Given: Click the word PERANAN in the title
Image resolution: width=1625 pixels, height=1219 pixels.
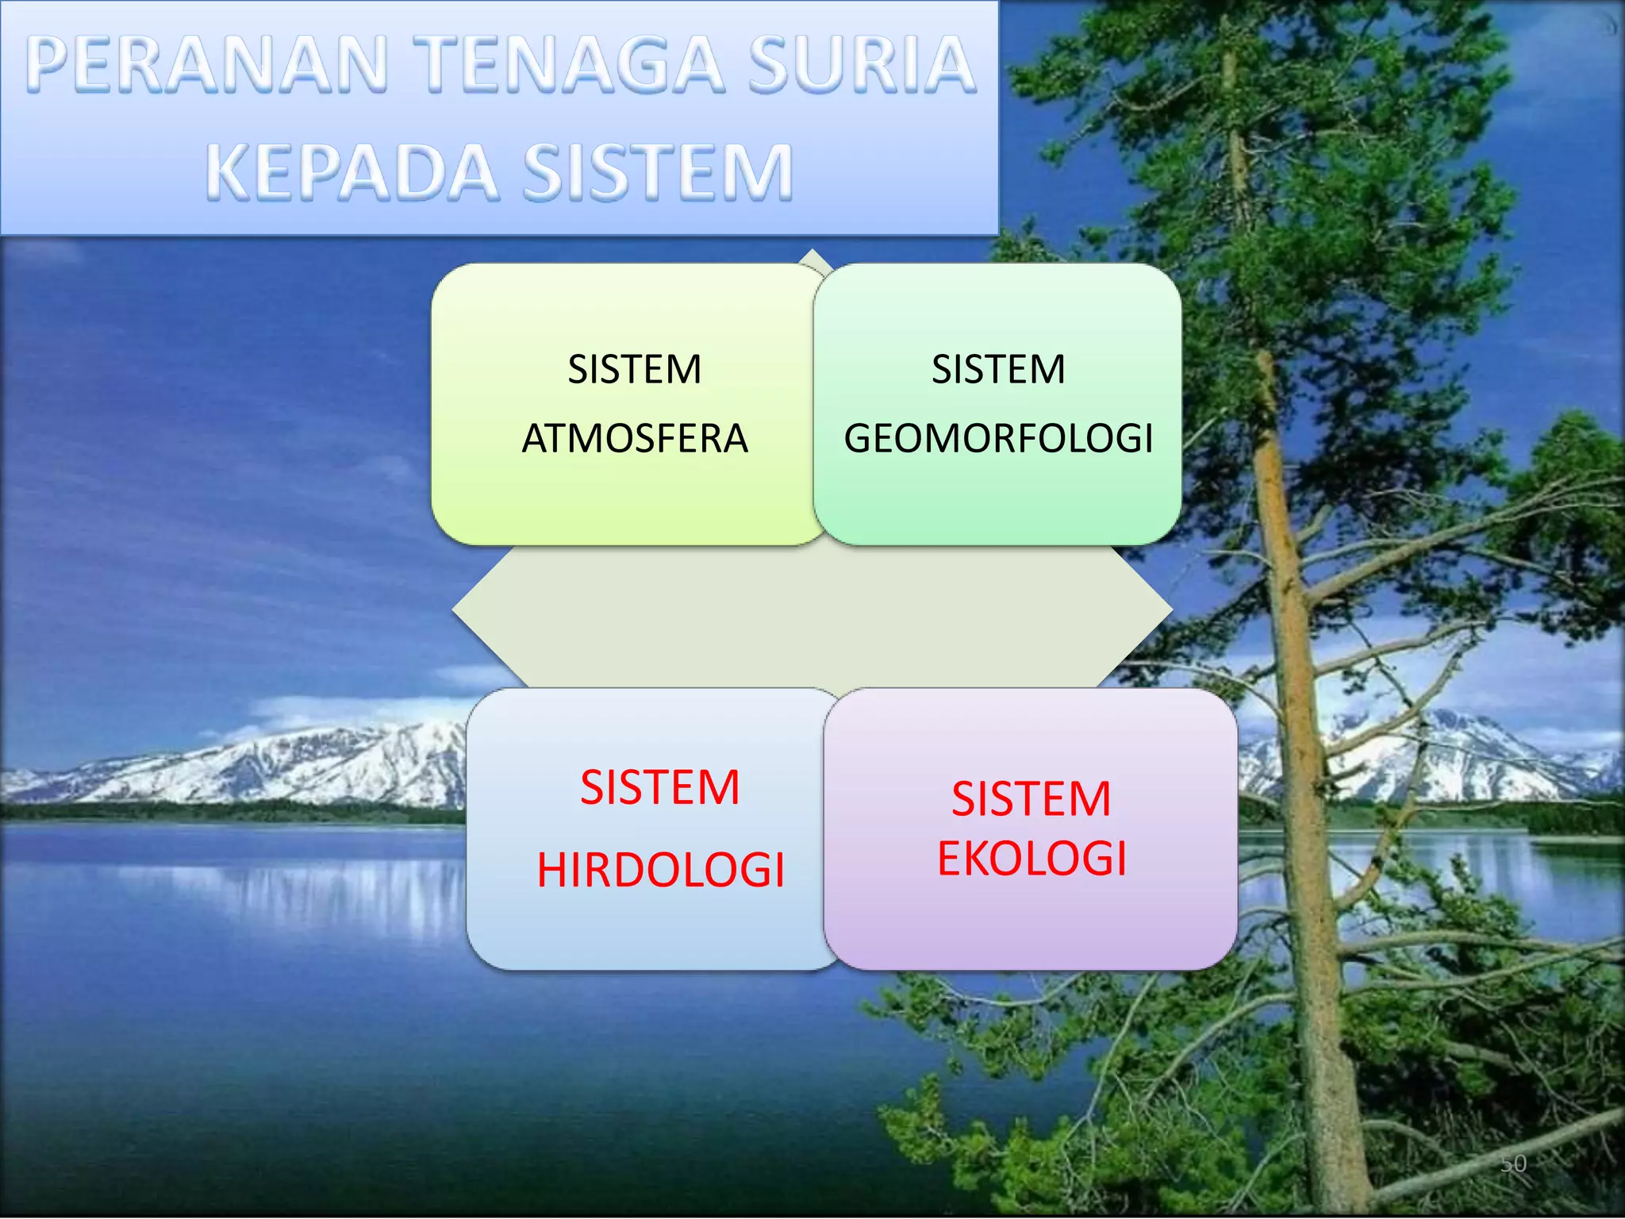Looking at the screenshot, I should (x=208, y=65).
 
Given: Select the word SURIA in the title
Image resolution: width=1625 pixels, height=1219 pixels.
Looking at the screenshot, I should (x=862, y=65).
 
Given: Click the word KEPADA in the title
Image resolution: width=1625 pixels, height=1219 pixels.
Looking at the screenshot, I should (x=352, y=172).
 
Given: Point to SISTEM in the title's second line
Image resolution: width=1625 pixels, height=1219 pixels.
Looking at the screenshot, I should (x=658, y=172).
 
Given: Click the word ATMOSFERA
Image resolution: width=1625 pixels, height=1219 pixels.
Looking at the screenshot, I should (x=635, y=439).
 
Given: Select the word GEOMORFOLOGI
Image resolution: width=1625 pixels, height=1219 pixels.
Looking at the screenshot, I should (x=998, y=439).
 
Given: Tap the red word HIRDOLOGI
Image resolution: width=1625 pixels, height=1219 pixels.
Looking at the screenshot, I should (x=660, y=870).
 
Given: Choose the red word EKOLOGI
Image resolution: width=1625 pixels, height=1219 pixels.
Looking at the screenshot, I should (x=1031, y=859).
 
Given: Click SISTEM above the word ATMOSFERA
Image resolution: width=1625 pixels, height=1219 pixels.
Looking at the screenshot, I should (x=635, y=370).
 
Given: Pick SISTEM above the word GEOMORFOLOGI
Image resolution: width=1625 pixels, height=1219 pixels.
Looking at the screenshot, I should (x=998, y=370).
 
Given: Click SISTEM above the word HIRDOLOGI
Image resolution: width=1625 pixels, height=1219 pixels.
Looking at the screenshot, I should (x=660, y=787).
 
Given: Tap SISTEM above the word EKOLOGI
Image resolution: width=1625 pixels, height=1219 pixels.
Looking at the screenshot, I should (x=1031, y=798).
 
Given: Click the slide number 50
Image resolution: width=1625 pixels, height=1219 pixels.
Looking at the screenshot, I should (x=1513, y=1163).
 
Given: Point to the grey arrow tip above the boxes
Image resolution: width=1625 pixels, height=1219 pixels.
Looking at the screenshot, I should (x=812, y=256).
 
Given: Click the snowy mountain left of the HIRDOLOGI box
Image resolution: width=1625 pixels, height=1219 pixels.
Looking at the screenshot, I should (x=317, y=762).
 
